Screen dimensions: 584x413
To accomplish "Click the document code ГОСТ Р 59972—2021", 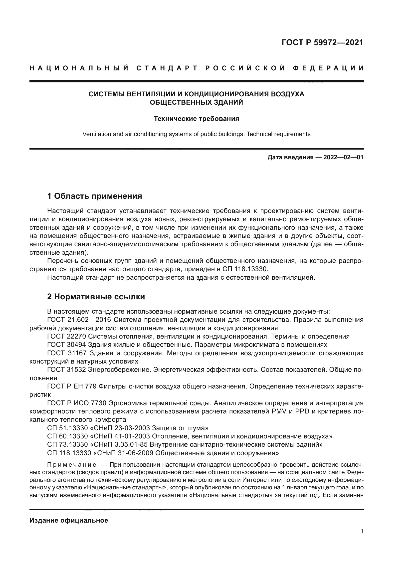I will [322, 42].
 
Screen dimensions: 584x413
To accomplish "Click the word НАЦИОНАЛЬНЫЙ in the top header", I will [79, 68].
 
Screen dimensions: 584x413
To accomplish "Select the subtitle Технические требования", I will [196, 119].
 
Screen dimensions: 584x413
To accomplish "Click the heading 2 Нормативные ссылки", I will [96, 297].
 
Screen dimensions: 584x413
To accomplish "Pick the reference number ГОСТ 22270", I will [67, 337].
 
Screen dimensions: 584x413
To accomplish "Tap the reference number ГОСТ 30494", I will [67, 345].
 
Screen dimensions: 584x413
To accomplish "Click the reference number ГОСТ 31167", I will [67, 353].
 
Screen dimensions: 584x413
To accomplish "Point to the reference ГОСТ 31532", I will [67, 370].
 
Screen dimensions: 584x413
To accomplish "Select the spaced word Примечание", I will [72, 465].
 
